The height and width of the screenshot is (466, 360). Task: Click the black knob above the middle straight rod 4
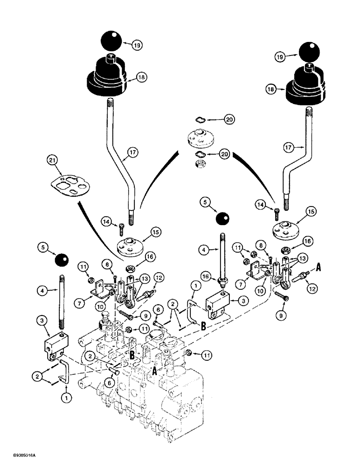[x=222, y=219]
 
